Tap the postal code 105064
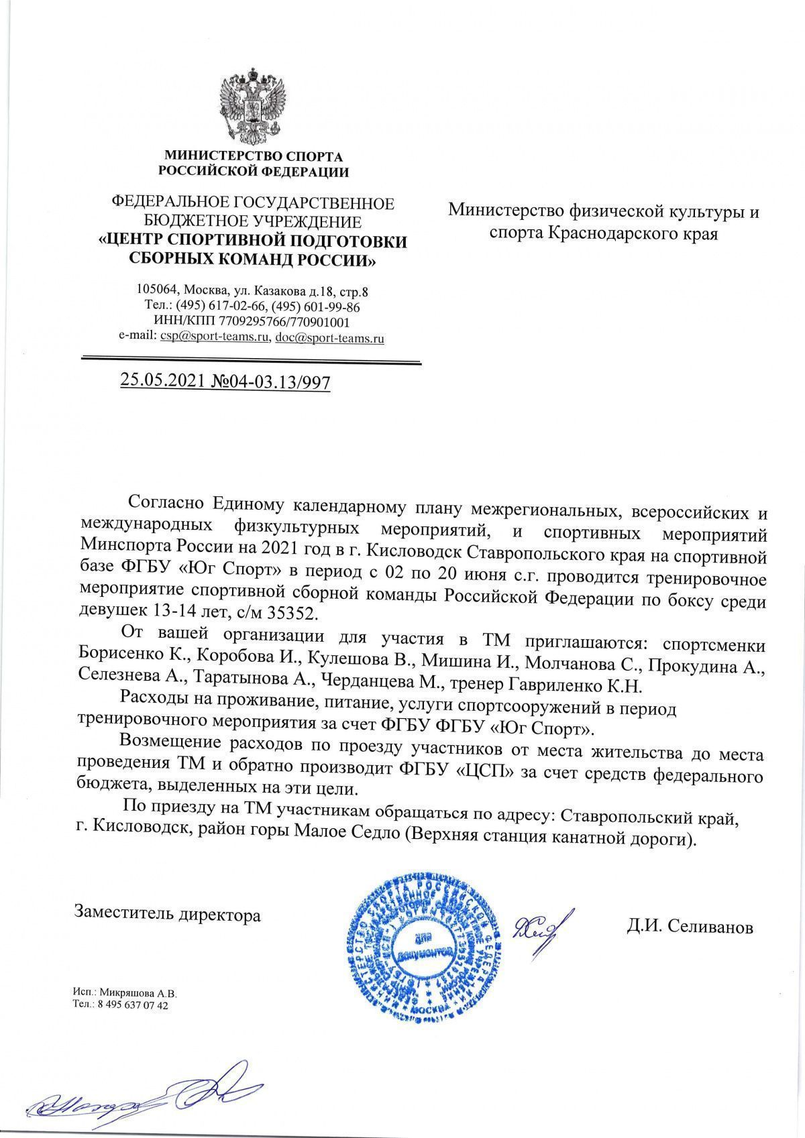click(156, 291)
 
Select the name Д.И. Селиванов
click(691, 927)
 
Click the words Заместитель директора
click(168, 914)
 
